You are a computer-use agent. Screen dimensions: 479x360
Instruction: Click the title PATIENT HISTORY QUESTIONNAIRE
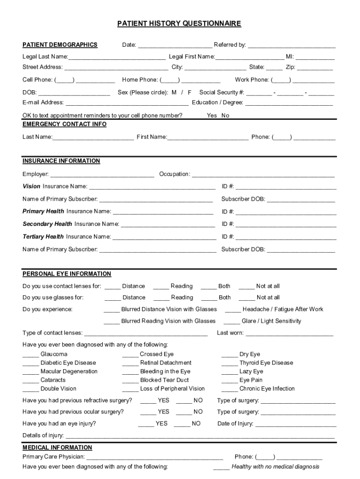pos(179,23)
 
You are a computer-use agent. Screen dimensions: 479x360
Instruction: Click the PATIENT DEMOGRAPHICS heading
pos(60,45)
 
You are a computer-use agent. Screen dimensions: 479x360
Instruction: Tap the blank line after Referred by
pos(291,46)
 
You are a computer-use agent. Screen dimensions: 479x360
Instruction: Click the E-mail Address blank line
pos(127,103)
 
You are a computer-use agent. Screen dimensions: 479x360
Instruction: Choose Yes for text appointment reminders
pos(212,116)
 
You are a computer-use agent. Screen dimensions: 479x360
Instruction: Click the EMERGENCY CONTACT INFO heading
pos(65,124)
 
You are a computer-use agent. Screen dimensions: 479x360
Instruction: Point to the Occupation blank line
pos(263,175)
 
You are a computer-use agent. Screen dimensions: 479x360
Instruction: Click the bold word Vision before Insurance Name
pos(31,187)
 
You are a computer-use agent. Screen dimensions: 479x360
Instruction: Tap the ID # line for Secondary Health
pos(286,225)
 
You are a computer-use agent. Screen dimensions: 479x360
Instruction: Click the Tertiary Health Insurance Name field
pos(164,238)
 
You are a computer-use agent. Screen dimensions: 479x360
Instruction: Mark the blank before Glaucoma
pos(30,355)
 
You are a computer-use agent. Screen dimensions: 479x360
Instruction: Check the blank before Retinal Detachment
pos(130,363)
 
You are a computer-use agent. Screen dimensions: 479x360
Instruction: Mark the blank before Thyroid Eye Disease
pos(229,363)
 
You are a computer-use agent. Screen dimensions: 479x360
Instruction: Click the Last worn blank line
pos(289,334)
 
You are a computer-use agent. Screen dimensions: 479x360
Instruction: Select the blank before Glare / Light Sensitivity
pos(231,322)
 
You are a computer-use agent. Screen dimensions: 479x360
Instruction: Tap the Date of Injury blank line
pos(295,425)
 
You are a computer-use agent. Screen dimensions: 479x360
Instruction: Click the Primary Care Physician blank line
pos(155,457)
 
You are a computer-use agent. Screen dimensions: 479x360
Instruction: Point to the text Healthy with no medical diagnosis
pos(275,467)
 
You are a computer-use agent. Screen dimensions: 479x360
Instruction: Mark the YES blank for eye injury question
pos(146,424)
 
